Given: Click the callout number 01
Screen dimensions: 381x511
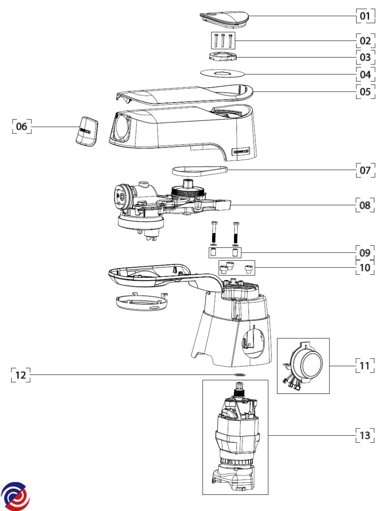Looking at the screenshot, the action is [x=365, y=16].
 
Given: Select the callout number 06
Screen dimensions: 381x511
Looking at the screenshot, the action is [x=21, y=126].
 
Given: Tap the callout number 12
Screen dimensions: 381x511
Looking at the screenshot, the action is [x=20, y=375].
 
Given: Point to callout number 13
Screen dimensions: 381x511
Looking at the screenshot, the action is [x=365, y=436].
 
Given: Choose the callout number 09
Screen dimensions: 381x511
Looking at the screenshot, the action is [x=365, y=253].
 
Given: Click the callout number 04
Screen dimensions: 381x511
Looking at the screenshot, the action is [x=365, y=75].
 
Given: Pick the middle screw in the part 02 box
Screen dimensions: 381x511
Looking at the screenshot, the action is [x=223, y=41].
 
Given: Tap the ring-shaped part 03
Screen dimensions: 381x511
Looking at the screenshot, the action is [x=223, y=57].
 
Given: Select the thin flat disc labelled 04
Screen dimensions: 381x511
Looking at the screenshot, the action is [x=222, y=74].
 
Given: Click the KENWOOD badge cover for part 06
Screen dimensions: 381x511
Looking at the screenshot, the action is [x=87, y=131].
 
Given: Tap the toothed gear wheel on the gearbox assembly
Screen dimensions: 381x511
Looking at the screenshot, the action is [x=188, y=191].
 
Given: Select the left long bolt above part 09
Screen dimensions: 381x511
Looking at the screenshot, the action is [x=214, y=232].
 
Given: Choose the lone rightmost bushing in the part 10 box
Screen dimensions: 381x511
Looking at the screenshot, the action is [x=248, y=269].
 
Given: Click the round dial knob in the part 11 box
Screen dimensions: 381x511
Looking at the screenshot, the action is [x=309, y=364].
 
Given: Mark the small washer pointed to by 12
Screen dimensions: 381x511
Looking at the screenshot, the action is [x=240, y=375].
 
